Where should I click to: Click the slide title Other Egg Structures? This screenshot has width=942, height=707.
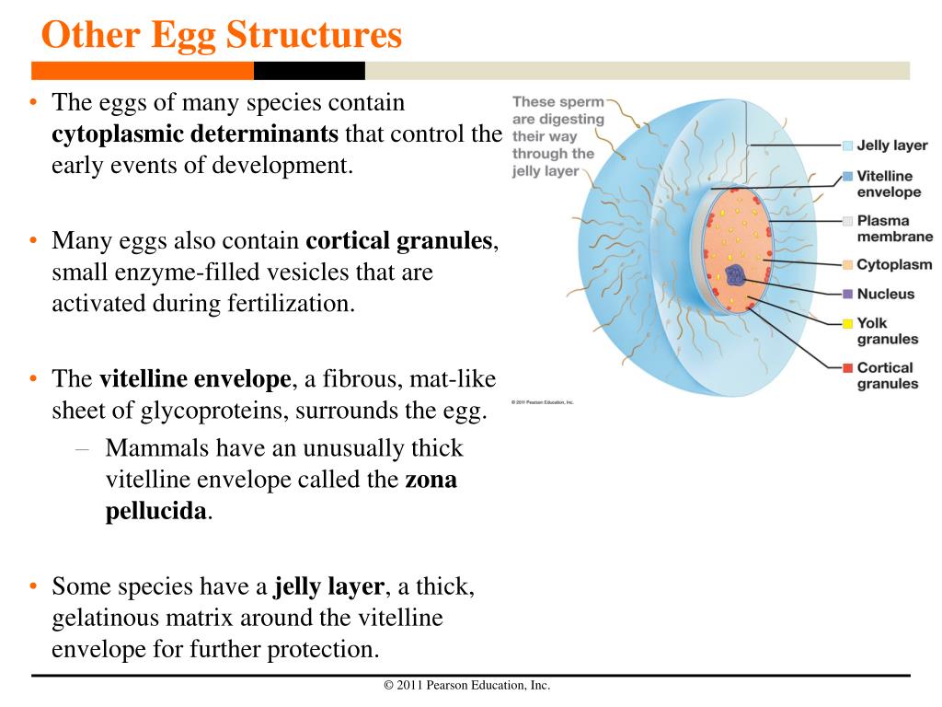pos(222,35)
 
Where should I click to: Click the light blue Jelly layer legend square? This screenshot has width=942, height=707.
pos(848,145)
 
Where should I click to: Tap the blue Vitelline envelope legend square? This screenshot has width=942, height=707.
pos(848,176)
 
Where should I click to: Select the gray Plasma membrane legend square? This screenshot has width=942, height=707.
pos(848,221)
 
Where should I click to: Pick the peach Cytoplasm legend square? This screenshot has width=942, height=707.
pos(848,265)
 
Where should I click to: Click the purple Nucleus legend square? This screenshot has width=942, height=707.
pos(848,295)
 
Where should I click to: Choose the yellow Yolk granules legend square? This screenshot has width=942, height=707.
pos(848,323)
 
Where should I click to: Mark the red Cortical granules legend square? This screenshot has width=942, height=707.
pos(848,368)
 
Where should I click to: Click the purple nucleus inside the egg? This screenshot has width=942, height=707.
pos(736,274)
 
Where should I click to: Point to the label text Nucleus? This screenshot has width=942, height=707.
pos(886,295)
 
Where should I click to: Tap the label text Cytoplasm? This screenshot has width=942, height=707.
pos(894,265)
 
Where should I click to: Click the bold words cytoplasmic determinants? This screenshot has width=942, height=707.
pos(195,134)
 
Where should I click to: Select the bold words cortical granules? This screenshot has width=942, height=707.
pos(400,241)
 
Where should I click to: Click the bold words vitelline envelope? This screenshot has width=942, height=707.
pos(195,378)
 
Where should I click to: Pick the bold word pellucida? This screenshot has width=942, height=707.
pos(155,511)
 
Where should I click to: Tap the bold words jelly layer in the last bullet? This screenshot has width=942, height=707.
pos(329,586)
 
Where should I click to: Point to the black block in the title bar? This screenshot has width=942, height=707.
pos(309,71)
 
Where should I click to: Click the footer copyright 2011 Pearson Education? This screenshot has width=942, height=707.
pos(466,685)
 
